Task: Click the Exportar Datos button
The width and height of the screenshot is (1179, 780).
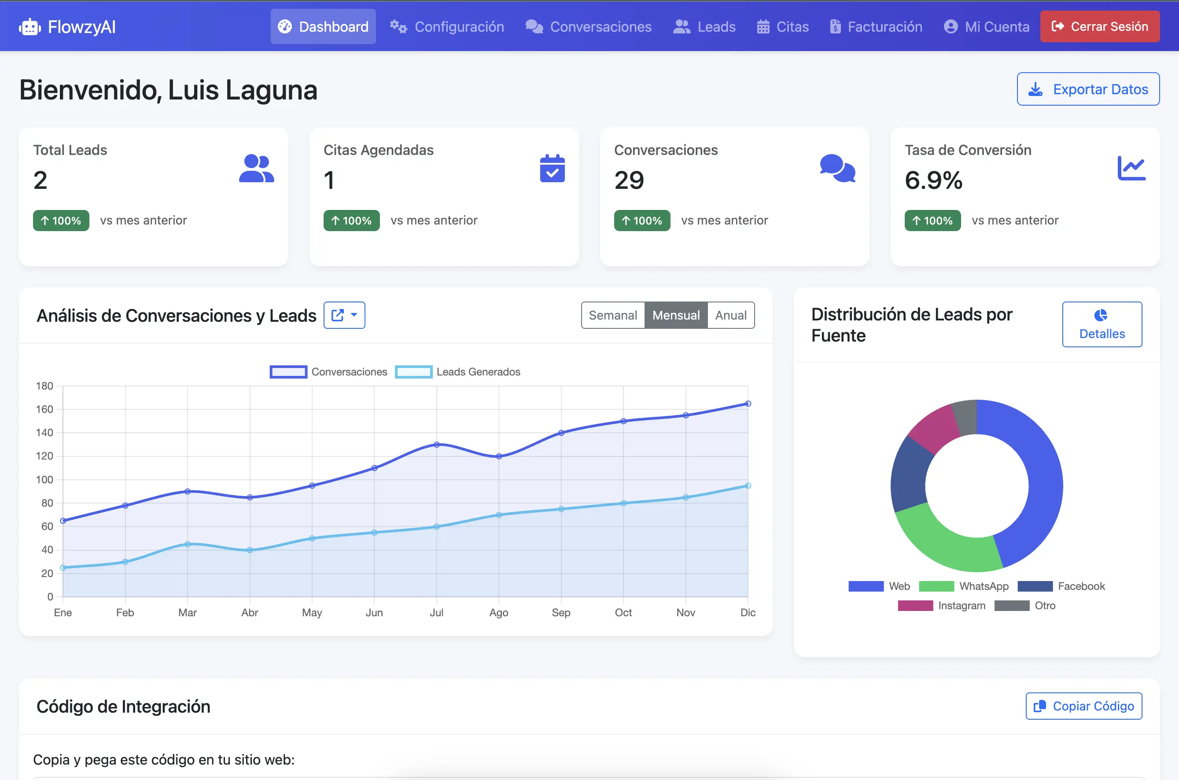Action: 1088,89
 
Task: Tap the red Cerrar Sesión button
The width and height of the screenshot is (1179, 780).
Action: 1099,26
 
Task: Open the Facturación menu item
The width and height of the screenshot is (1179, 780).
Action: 876,27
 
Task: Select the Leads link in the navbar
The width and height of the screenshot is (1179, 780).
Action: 704,27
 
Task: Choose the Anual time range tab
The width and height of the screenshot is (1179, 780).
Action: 730,315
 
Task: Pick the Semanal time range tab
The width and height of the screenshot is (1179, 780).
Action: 612,315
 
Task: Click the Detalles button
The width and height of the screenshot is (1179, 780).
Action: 1102,324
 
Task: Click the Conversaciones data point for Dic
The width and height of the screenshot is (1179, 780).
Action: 748,404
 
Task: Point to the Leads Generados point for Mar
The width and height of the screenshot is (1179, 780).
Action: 188,544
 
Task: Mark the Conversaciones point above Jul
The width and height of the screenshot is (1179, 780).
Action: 436,445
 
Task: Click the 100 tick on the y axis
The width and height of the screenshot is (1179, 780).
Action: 44,479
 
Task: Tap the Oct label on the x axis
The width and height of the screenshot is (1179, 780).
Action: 623,612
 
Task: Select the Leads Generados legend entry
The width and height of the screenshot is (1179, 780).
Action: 458,372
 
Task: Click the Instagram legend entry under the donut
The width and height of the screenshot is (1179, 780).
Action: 941,606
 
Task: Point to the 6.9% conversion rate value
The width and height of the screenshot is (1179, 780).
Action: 933,180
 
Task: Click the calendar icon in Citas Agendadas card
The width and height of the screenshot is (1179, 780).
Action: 552,169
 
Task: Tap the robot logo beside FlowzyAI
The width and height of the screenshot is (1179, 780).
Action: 30,27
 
